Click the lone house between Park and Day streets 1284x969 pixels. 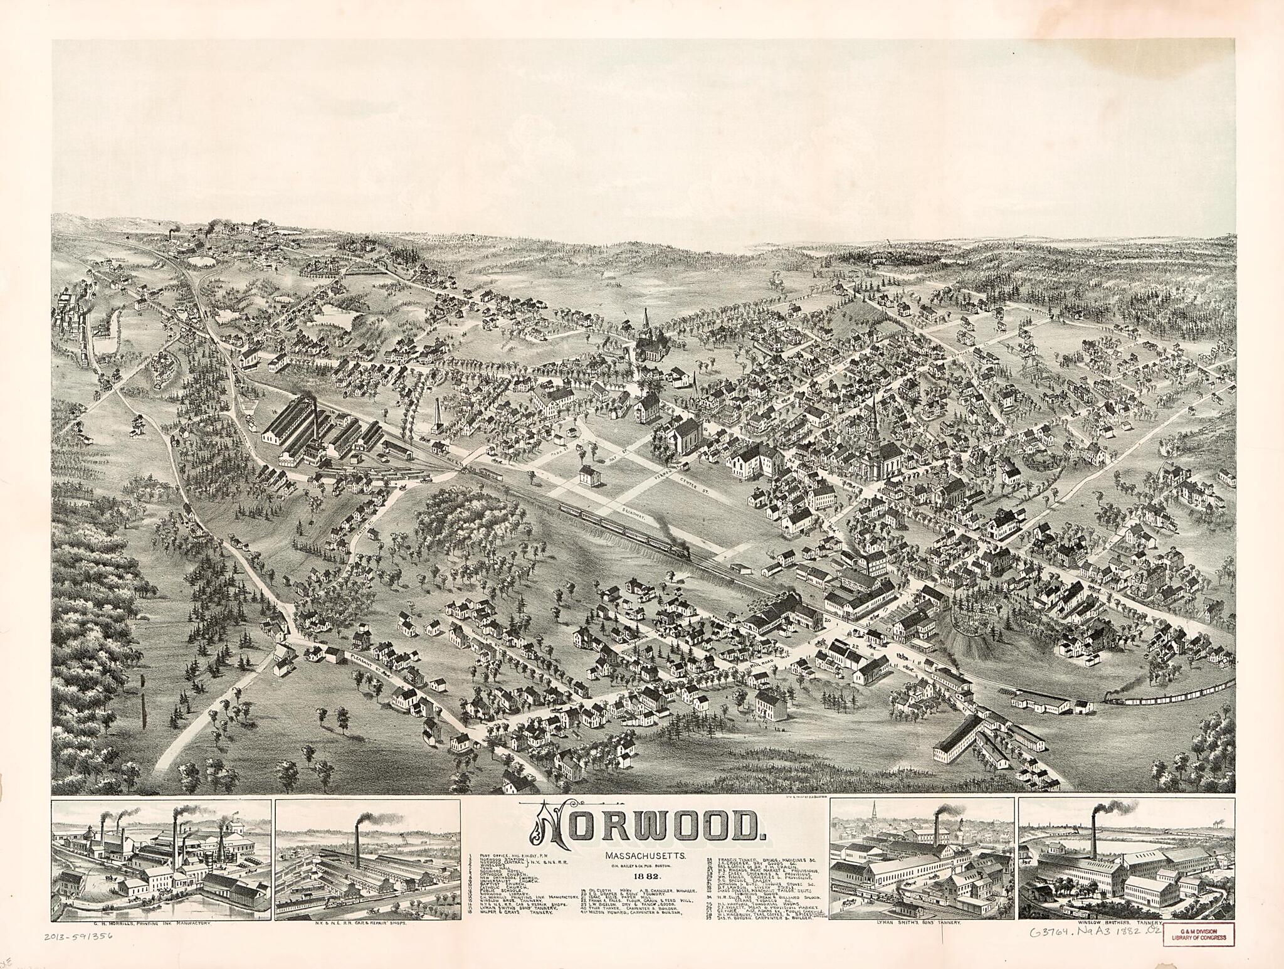[x=589, y=475]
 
